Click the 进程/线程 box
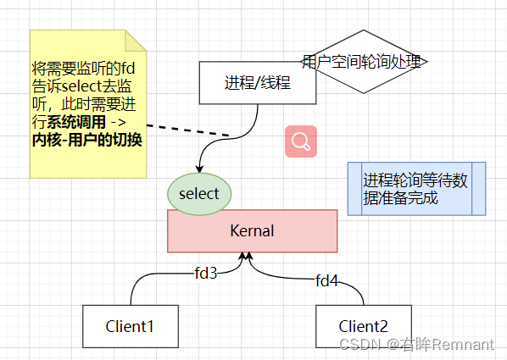[x=257, y=83]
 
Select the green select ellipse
[x=198, y=193]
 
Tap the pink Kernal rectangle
[x=252, y=230]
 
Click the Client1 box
[x=130, y=326]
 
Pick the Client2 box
[x=363, y=326]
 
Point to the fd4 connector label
[x=326, y=280]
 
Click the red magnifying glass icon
[x=300, y=141]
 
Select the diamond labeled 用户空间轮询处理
[x=364, y=62]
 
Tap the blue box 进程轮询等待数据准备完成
[x=416, y=189]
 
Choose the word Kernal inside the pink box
[x=252, y=230]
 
